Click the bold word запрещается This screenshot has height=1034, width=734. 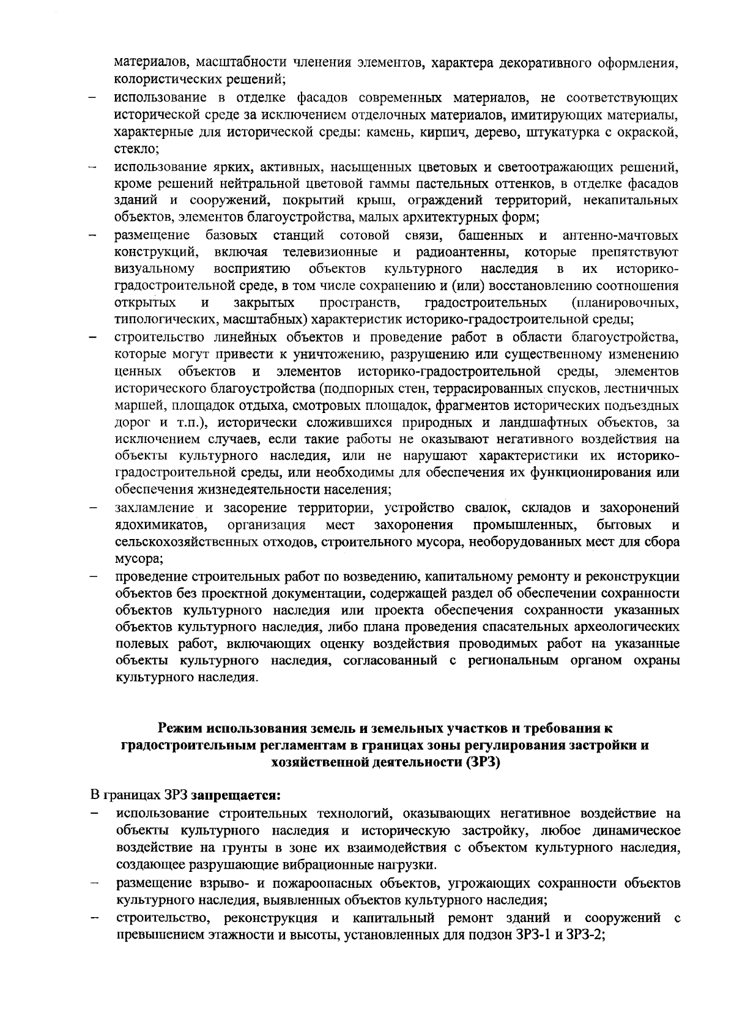point(236,796)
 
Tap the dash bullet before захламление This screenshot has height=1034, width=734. point(92,508)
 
